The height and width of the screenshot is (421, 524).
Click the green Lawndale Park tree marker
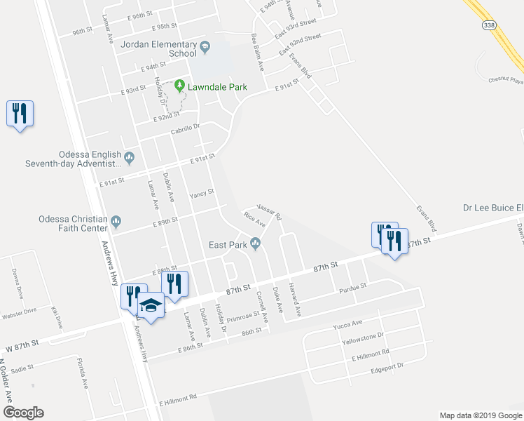point(180,86)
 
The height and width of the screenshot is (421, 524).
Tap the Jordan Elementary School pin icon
point(205,48)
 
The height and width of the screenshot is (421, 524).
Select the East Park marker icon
point(256,244)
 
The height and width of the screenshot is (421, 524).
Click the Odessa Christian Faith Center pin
point(117,223)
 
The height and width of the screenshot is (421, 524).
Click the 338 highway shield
point(488,25)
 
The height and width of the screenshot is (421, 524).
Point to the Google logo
point(22,412)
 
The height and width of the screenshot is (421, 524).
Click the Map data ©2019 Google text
point(480,415)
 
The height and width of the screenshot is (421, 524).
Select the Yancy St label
point(201,193)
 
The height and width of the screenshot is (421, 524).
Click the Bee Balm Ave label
point(257,51)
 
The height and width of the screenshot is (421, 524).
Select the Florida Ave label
point(83,373)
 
